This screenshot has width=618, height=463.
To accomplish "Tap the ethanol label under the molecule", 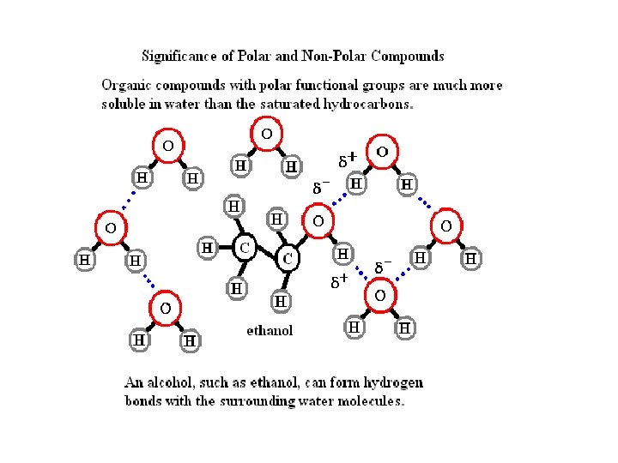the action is (x=270, y=330).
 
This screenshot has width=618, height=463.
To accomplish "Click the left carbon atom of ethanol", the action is (x=245, y=249).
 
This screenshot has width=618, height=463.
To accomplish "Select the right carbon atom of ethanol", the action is (x=288, y=258).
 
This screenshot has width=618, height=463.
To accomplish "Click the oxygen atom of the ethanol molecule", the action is (x=318, y=221).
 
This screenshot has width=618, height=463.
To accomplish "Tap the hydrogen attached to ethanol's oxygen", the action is (x=343, y=255).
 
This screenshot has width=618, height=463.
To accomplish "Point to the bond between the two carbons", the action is (x=267, y=254).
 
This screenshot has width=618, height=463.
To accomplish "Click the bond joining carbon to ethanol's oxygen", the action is (x=303, y=239).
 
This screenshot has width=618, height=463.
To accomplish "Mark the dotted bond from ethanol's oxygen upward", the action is (x=339, y=199).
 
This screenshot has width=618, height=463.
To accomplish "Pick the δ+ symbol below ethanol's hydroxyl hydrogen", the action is (x=340, y=280).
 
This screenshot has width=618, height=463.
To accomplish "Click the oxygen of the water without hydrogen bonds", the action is (x=267, y=134).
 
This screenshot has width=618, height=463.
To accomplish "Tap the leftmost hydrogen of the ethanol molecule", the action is (x=207, y=248).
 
